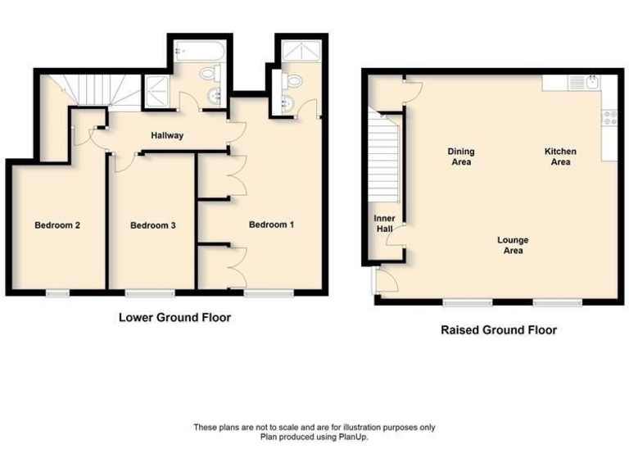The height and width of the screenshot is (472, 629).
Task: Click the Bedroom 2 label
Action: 57,225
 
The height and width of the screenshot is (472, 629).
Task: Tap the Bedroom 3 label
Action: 153,225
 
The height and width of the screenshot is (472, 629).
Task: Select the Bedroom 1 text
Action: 271,225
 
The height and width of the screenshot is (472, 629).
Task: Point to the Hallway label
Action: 166,136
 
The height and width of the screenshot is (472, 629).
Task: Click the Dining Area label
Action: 460,157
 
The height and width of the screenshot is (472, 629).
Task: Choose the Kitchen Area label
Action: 560,157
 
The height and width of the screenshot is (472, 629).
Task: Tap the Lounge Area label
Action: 513,245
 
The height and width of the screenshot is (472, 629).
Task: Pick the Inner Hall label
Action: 385,224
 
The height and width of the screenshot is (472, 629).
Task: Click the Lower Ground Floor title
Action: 174,317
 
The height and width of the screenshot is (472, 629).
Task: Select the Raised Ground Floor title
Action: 498,330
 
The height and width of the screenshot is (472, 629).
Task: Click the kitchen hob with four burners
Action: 609,117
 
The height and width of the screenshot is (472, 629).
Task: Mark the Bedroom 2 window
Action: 57,293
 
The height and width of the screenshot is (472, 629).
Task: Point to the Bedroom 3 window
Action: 149,293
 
